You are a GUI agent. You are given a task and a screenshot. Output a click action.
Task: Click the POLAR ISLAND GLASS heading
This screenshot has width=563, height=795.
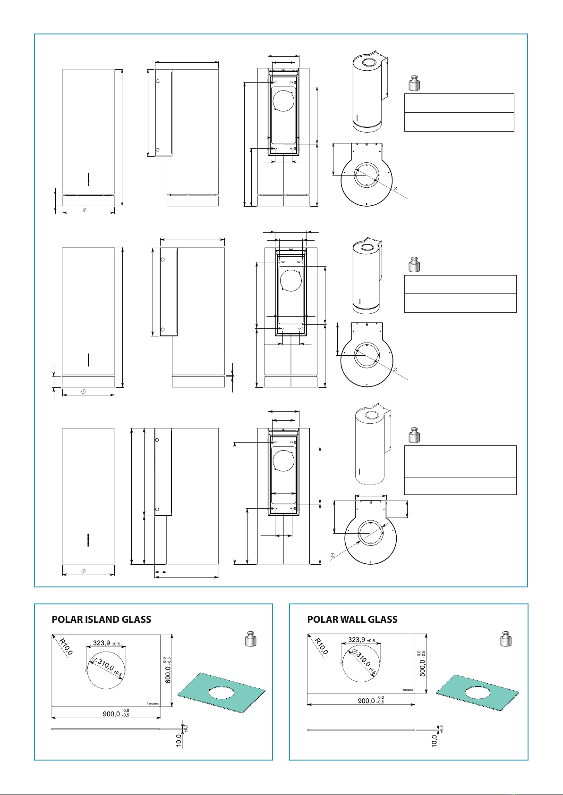click(x=102, y=619)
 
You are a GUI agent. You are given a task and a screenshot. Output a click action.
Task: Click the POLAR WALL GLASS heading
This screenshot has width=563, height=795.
click(x=352, y=619)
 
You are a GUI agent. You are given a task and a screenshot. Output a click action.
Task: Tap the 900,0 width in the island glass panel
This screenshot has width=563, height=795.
click(x=111, y=714)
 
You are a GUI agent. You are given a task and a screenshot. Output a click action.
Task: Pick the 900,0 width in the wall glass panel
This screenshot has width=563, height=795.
click(x=367, y=701)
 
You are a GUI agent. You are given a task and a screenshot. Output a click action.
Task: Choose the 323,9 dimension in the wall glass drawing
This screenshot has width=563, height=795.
click(x=357, y=640)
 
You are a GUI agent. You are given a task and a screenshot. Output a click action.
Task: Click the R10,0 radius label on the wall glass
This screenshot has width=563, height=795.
click(x=322, y=646)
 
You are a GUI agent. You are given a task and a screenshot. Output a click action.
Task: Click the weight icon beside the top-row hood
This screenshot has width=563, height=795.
click(x=414, y=83)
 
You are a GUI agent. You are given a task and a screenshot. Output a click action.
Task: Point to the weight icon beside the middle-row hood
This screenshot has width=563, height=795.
click(x=414, y=264)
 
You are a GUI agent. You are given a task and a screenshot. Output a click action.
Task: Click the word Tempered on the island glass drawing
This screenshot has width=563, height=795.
click(x=153, y=703)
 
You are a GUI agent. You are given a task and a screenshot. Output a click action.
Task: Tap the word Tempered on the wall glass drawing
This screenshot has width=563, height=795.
click(x=407, y=690)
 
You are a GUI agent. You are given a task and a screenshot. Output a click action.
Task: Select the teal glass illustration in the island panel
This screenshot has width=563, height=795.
click(x=221, y=692)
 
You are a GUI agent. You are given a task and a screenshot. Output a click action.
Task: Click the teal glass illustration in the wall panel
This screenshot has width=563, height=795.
click(x=477, y=693)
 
